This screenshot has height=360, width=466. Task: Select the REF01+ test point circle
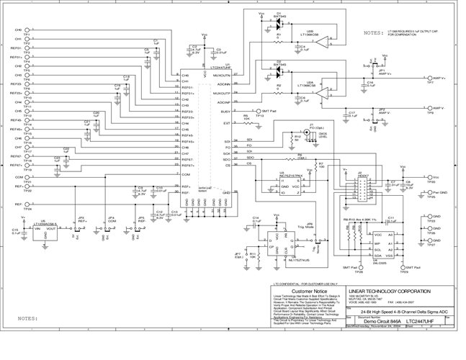click(x=27, y=48)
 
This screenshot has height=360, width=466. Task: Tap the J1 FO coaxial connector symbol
click(x=310, y=132)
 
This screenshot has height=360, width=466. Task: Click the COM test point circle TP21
click(x=27, y=176)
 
